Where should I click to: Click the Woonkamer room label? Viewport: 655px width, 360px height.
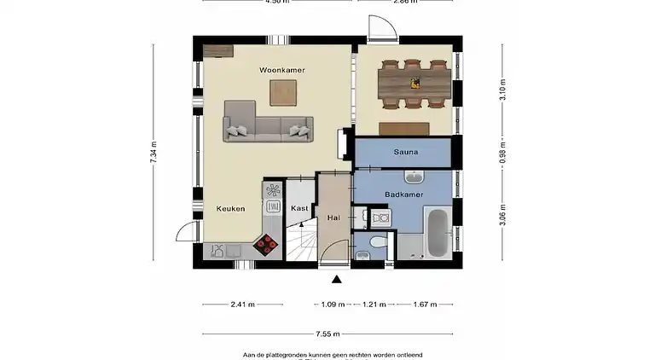click(x=282, y=69)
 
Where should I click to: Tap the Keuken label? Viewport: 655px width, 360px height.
click(x=230, y=208)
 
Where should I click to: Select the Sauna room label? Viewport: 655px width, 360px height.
click(x=404, y=153)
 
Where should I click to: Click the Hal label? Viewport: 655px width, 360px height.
click(x=333, y=218)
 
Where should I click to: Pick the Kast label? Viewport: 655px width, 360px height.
click(x=299, y=208)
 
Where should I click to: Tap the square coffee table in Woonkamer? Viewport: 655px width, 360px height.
click(x=283, y=92)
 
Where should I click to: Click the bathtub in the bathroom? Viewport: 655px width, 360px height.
click(x=435, y=231)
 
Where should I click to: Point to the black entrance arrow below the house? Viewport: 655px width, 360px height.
click(x=337, y=279)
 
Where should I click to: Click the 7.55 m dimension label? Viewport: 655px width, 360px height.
click(x=327, y=334)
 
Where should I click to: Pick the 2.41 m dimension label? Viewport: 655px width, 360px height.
click(x=242, y=304)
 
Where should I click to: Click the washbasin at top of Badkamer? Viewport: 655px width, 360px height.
click(x=414, y=177)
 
